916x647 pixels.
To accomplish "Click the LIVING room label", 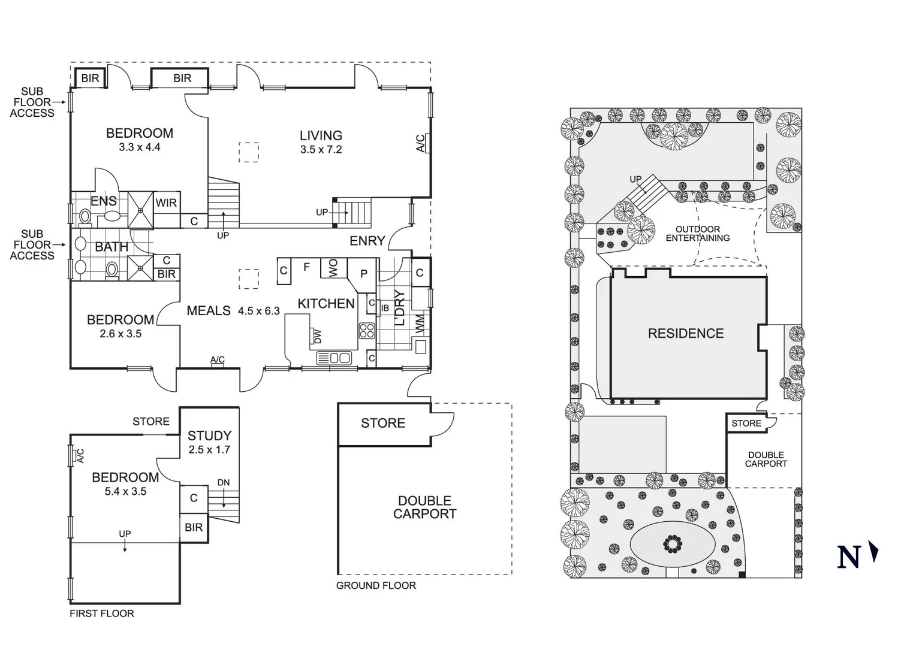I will pos(321,136).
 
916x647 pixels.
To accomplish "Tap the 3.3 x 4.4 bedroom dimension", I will pos(139,147).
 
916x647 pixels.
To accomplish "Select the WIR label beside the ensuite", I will pos(166,203).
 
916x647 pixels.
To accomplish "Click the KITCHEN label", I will pos(326,304).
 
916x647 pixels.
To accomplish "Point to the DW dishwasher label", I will pos(317,337).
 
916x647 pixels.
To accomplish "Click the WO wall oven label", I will pos(333,267).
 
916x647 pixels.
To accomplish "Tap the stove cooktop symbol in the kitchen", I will pos(366,331).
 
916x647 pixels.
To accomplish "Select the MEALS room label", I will pos(209,310).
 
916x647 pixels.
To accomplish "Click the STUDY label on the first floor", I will pos(209,436).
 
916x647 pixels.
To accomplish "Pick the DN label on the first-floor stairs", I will pos(224,482).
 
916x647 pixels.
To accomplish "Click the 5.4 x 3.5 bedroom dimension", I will pos(125,492).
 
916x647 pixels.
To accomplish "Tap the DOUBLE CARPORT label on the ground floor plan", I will pos(424,507).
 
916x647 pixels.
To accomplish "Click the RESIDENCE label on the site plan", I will pos(686,334).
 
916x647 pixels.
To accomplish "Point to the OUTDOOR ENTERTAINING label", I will pos(698,234).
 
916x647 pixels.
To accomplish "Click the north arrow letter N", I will pos(848,557).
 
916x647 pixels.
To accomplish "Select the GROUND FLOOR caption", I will pos(376,585).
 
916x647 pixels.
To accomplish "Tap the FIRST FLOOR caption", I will pos(102,613).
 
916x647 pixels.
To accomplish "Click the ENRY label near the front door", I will pos(367,241).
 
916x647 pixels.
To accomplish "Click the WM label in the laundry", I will pos(420,323).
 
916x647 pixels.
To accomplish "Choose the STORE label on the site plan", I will pos(746,424).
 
